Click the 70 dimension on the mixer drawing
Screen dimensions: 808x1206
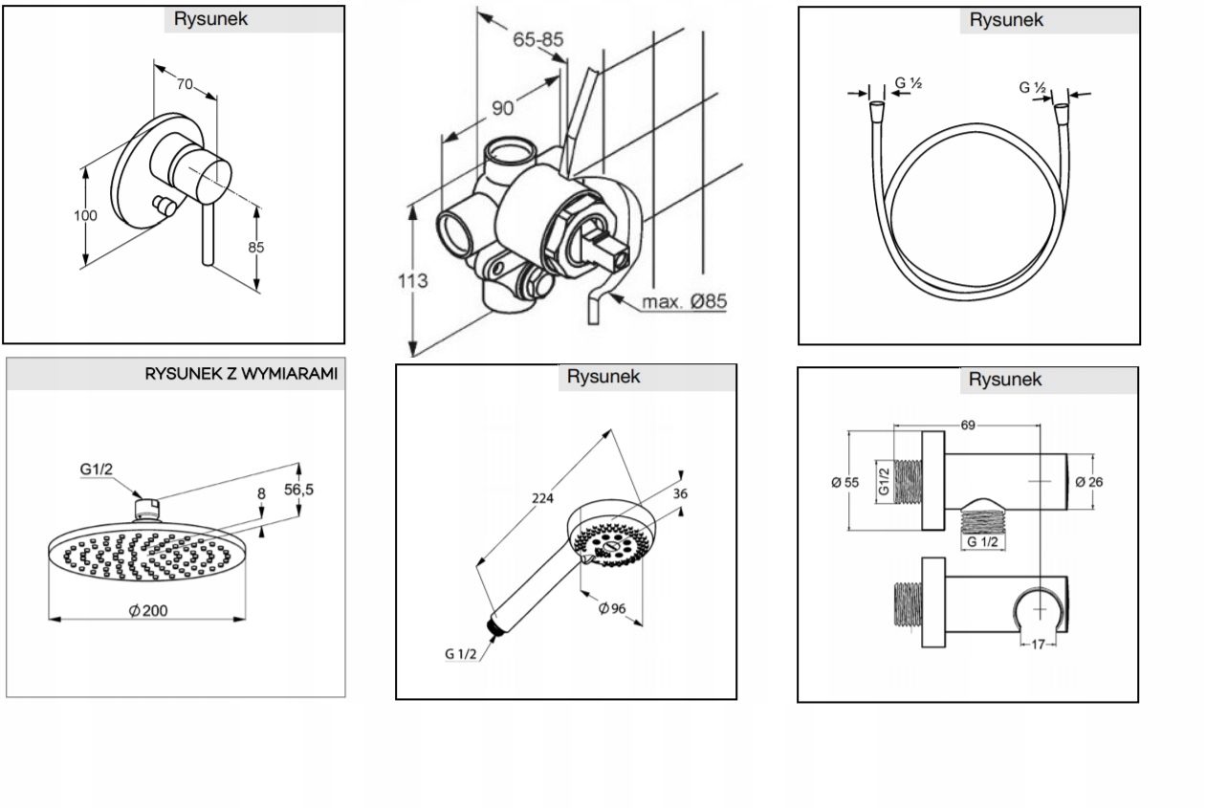pyautogui.click(x=184, y=84)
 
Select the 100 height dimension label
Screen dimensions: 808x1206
pyautogui.click(x=86, y=215)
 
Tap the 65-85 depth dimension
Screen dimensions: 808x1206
pyautogui.click(x=538, y=40)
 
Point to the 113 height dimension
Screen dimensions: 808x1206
pyautogui.click(x=413, y=281)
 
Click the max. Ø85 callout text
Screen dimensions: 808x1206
pyautogui.click(x=684, y=302)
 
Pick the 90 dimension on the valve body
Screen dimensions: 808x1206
pyautogui.click(x=503, y=108)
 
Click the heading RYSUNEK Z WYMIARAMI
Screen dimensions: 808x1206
pyautogui.click(x=241, y=374)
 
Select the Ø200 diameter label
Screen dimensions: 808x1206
pyautogui.click(x=148, y=610)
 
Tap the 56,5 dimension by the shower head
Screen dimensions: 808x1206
pyautogui.click(x=299, y=489)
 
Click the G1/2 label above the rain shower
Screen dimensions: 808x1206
pyautogui.click(x=97, y=470)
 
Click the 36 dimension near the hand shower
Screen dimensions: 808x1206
pyautogui.click(x=680, y=493)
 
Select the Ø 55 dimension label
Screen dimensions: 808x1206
pyautogui.click(x=844, y=482)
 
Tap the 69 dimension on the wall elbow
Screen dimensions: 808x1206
pyautogui.click(x=968, y=425)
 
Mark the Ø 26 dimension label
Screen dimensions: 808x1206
pyautogui.click(x=1088, y=482)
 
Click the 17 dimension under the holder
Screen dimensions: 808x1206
pyautogui.click(x=1038, y=644)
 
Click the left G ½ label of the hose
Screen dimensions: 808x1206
pyautogui.click(x=908, y=84)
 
